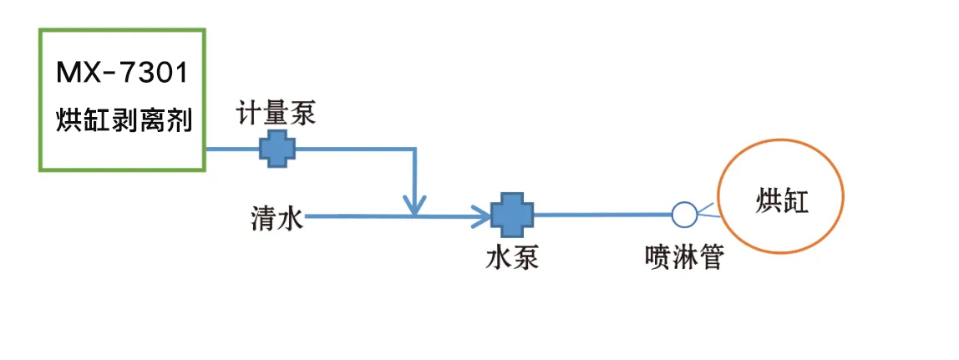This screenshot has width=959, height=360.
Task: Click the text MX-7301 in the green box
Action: [122, 74]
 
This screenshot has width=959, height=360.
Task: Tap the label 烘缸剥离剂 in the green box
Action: [124, 120]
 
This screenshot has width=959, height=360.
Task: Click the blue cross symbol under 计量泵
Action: [277, 149]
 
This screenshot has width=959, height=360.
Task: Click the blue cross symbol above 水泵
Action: [511, 215]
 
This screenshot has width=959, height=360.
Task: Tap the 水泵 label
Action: [511, 256]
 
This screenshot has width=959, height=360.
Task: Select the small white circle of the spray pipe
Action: [683, 214]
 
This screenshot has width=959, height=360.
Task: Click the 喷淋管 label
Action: [683, 256]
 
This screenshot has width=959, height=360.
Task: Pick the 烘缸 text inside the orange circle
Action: [783, 201]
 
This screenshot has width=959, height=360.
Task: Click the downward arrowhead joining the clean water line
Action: [414, 204]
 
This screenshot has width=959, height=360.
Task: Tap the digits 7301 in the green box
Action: [158, 74]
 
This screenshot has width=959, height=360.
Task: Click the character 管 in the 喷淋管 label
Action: [709, 256]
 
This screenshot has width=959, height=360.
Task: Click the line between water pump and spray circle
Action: [601, 215]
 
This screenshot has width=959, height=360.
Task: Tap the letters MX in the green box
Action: [78, 74]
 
